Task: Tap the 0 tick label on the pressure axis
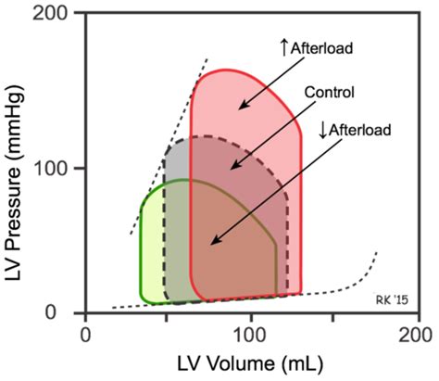pyautogui.click(x=68, y=313)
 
